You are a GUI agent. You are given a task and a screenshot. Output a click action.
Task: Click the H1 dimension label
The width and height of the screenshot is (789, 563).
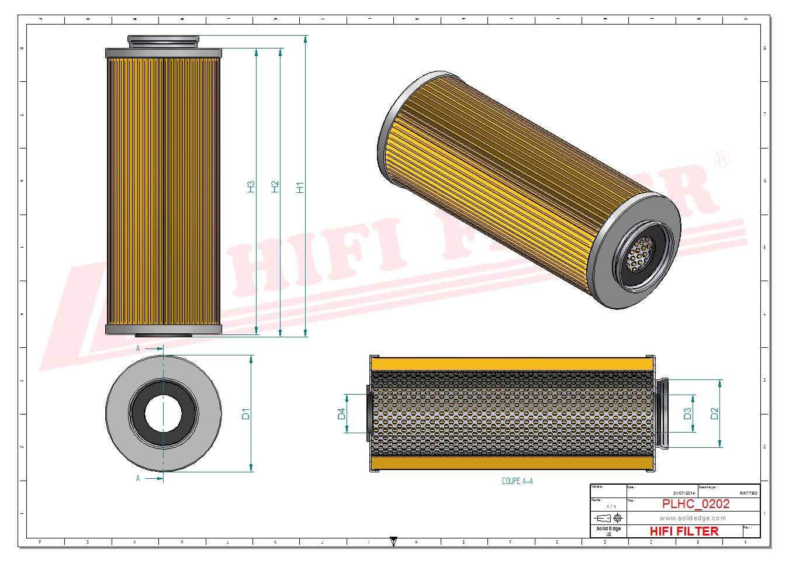tap(300, 188)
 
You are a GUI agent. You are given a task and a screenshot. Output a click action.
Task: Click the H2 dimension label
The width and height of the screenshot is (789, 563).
tap(275, 187)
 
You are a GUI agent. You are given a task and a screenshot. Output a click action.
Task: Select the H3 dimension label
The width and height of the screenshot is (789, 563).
tap(251, 187)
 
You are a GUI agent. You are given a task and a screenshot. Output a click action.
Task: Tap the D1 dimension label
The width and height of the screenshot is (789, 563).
tap(245, 414)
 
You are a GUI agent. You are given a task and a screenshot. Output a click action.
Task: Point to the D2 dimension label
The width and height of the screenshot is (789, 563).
tap(714, 414)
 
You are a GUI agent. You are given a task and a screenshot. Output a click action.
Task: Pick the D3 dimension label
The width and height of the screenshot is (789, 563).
tap(687, 414)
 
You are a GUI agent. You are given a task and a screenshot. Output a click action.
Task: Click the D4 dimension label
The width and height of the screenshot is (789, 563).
tap(341, 414)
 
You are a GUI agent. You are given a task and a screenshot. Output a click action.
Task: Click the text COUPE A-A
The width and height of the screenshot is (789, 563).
tap(517, 481)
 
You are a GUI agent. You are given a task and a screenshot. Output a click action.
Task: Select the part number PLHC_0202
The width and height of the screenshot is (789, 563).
tap(695, 504)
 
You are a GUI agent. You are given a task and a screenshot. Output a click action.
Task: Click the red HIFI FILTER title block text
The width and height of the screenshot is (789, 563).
tap(684, 531)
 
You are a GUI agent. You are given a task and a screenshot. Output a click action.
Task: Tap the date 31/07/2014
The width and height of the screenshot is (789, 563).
tap(684, 493)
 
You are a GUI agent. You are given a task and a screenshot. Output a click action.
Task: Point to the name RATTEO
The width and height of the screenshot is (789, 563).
tap(748, 493)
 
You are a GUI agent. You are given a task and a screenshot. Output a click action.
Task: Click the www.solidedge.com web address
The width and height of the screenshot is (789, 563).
tap(693, 518)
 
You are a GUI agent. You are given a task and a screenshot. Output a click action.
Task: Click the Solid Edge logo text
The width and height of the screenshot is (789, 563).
tap(608, 529)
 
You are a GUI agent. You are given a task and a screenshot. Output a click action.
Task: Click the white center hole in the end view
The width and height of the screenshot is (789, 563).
tap(164, 413)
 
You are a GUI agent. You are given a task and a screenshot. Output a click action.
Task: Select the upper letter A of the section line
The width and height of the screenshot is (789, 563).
tap(138, 348)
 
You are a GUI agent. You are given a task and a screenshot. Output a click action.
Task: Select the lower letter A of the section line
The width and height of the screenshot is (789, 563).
tap(138, 478)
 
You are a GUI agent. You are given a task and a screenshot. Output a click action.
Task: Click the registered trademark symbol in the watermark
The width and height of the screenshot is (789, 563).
tap(722, 159)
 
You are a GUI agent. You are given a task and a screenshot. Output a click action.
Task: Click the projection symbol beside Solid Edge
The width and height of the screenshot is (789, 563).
tap(608, 518)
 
